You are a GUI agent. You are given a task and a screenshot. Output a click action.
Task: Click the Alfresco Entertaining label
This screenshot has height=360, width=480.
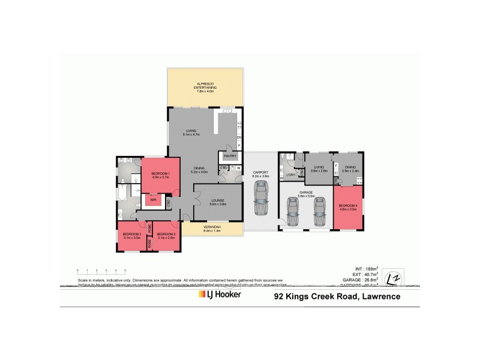[205, 85]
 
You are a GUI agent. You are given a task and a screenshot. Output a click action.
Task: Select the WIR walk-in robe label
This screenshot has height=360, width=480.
[154, 201]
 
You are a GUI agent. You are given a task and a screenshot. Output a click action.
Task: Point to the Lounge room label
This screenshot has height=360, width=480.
[217, 202]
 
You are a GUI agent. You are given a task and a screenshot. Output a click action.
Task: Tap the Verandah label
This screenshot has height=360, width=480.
[212, 228]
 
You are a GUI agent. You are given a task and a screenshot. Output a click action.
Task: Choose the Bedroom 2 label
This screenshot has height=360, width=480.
[132, 236]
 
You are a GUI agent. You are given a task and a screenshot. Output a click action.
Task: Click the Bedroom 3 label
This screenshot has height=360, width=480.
[166, 236]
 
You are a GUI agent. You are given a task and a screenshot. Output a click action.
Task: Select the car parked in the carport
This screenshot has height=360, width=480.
[261, 200]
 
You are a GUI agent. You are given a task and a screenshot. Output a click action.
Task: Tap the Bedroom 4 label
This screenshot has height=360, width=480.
[349, 208]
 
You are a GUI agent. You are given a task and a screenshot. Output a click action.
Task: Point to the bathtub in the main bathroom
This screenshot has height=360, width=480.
[122, 194]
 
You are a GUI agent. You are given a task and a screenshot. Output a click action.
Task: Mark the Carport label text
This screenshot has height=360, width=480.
[261, 172]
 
